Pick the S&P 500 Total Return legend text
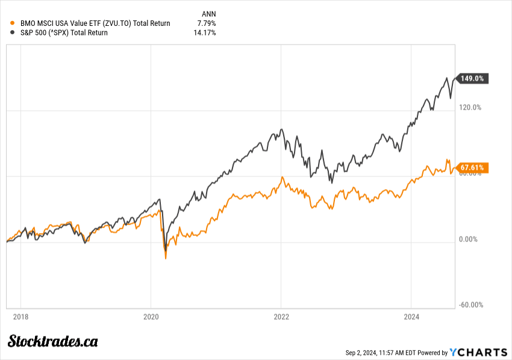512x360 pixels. (x=64, y=33)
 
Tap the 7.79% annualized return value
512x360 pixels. (x=205, y=23)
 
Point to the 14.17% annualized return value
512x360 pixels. (x=204, y=33)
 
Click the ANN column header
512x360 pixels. (x=208, y=13)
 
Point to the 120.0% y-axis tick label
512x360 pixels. (x=470, y=108)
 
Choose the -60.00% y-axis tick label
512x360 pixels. (x=470, y=305)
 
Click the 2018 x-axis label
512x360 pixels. (x=21, y=317)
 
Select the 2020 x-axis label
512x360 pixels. (x=151, y=317)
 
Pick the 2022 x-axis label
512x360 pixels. (x=281, y=317)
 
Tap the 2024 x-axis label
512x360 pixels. (x=411, y=317)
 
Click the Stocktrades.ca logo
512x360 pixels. (x=52, y=341)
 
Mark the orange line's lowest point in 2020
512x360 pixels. (x=166, y=258)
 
